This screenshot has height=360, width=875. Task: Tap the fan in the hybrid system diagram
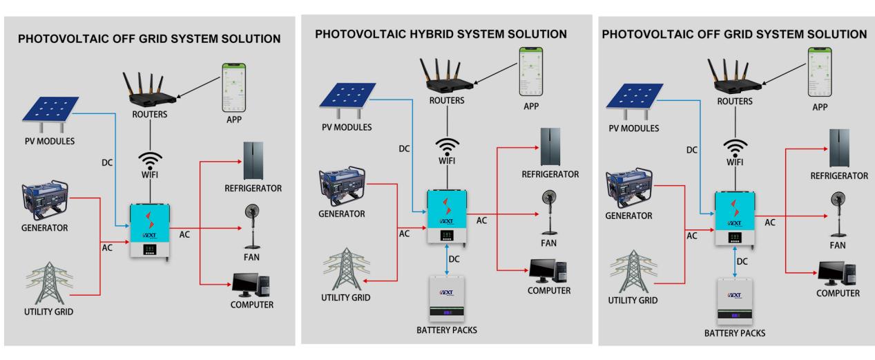(549, 210)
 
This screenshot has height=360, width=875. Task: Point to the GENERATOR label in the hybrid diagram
(341, 214)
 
